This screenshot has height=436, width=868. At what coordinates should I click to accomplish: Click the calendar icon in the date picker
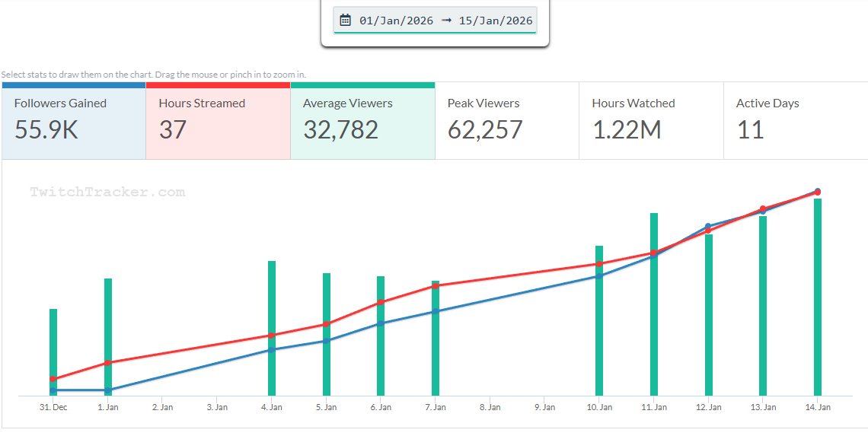(x=345, y=21)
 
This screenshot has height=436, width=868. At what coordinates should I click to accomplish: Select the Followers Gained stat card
(x=73, y=121)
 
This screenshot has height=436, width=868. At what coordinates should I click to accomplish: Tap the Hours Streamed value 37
(x=173, y=130)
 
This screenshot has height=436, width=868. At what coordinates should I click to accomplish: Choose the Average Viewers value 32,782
(x=340, y=130)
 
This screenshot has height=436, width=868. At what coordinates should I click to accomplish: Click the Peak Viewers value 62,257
(x=485, y=130)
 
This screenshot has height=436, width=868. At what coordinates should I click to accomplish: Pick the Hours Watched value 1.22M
(x=627, y=130)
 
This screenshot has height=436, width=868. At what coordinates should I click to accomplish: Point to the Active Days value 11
(x=750, y=130)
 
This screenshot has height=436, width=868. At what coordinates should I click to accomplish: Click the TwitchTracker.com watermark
(x=107, y=193)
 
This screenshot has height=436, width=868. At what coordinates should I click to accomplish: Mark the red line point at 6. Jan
(x=381, y=302)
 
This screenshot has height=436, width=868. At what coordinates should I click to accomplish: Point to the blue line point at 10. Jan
(x=599, y=275)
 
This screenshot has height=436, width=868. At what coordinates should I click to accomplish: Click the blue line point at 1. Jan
(x=108, y=390)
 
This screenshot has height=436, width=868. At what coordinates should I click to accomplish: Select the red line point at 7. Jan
(x=436, y=286)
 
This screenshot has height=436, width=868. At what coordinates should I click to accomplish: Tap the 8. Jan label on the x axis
(x=490, y=408)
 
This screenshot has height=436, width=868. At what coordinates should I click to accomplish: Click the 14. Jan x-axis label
(x=818, y=408)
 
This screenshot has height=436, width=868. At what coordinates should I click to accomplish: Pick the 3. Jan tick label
(x=217, y=408)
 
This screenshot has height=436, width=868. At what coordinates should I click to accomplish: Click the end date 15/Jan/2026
(x=496, y=21)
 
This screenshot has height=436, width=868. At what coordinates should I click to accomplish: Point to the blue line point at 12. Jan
(x=708, y=226)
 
